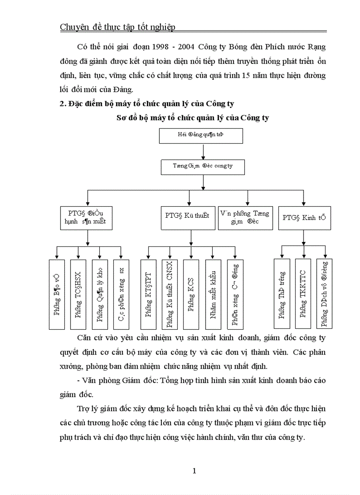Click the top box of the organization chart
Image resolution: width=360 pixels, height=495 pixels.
pos(201,136)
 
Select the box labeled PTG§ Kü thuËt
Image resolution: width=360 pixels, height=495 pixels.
pos(187,216)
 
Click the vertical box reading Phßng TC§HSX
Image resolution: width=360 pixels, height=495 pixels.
pos(78,294)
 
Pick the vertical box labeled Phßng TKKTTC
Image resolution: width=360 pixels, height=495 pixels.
pos(303,294)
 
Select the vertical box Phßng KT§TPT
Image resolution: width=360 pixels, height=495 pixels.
pos(148,294)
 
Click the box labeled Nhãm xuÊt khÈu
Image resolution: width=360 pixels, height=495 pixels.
pos(213,294)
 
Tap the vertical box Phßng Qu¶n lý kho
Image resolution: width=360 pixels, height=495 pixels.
pos(100,294)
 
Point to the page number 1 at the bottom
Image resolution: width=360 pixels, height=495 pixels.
pos(194,471)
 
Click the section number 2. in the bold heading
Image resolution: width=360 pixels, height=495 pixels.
pos(63,104)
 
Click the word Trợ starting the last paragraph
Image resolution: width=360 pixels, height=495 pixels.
pos(83,409)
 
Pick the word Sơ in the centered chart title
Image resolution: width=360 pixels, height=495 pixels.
pos(121,118)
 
